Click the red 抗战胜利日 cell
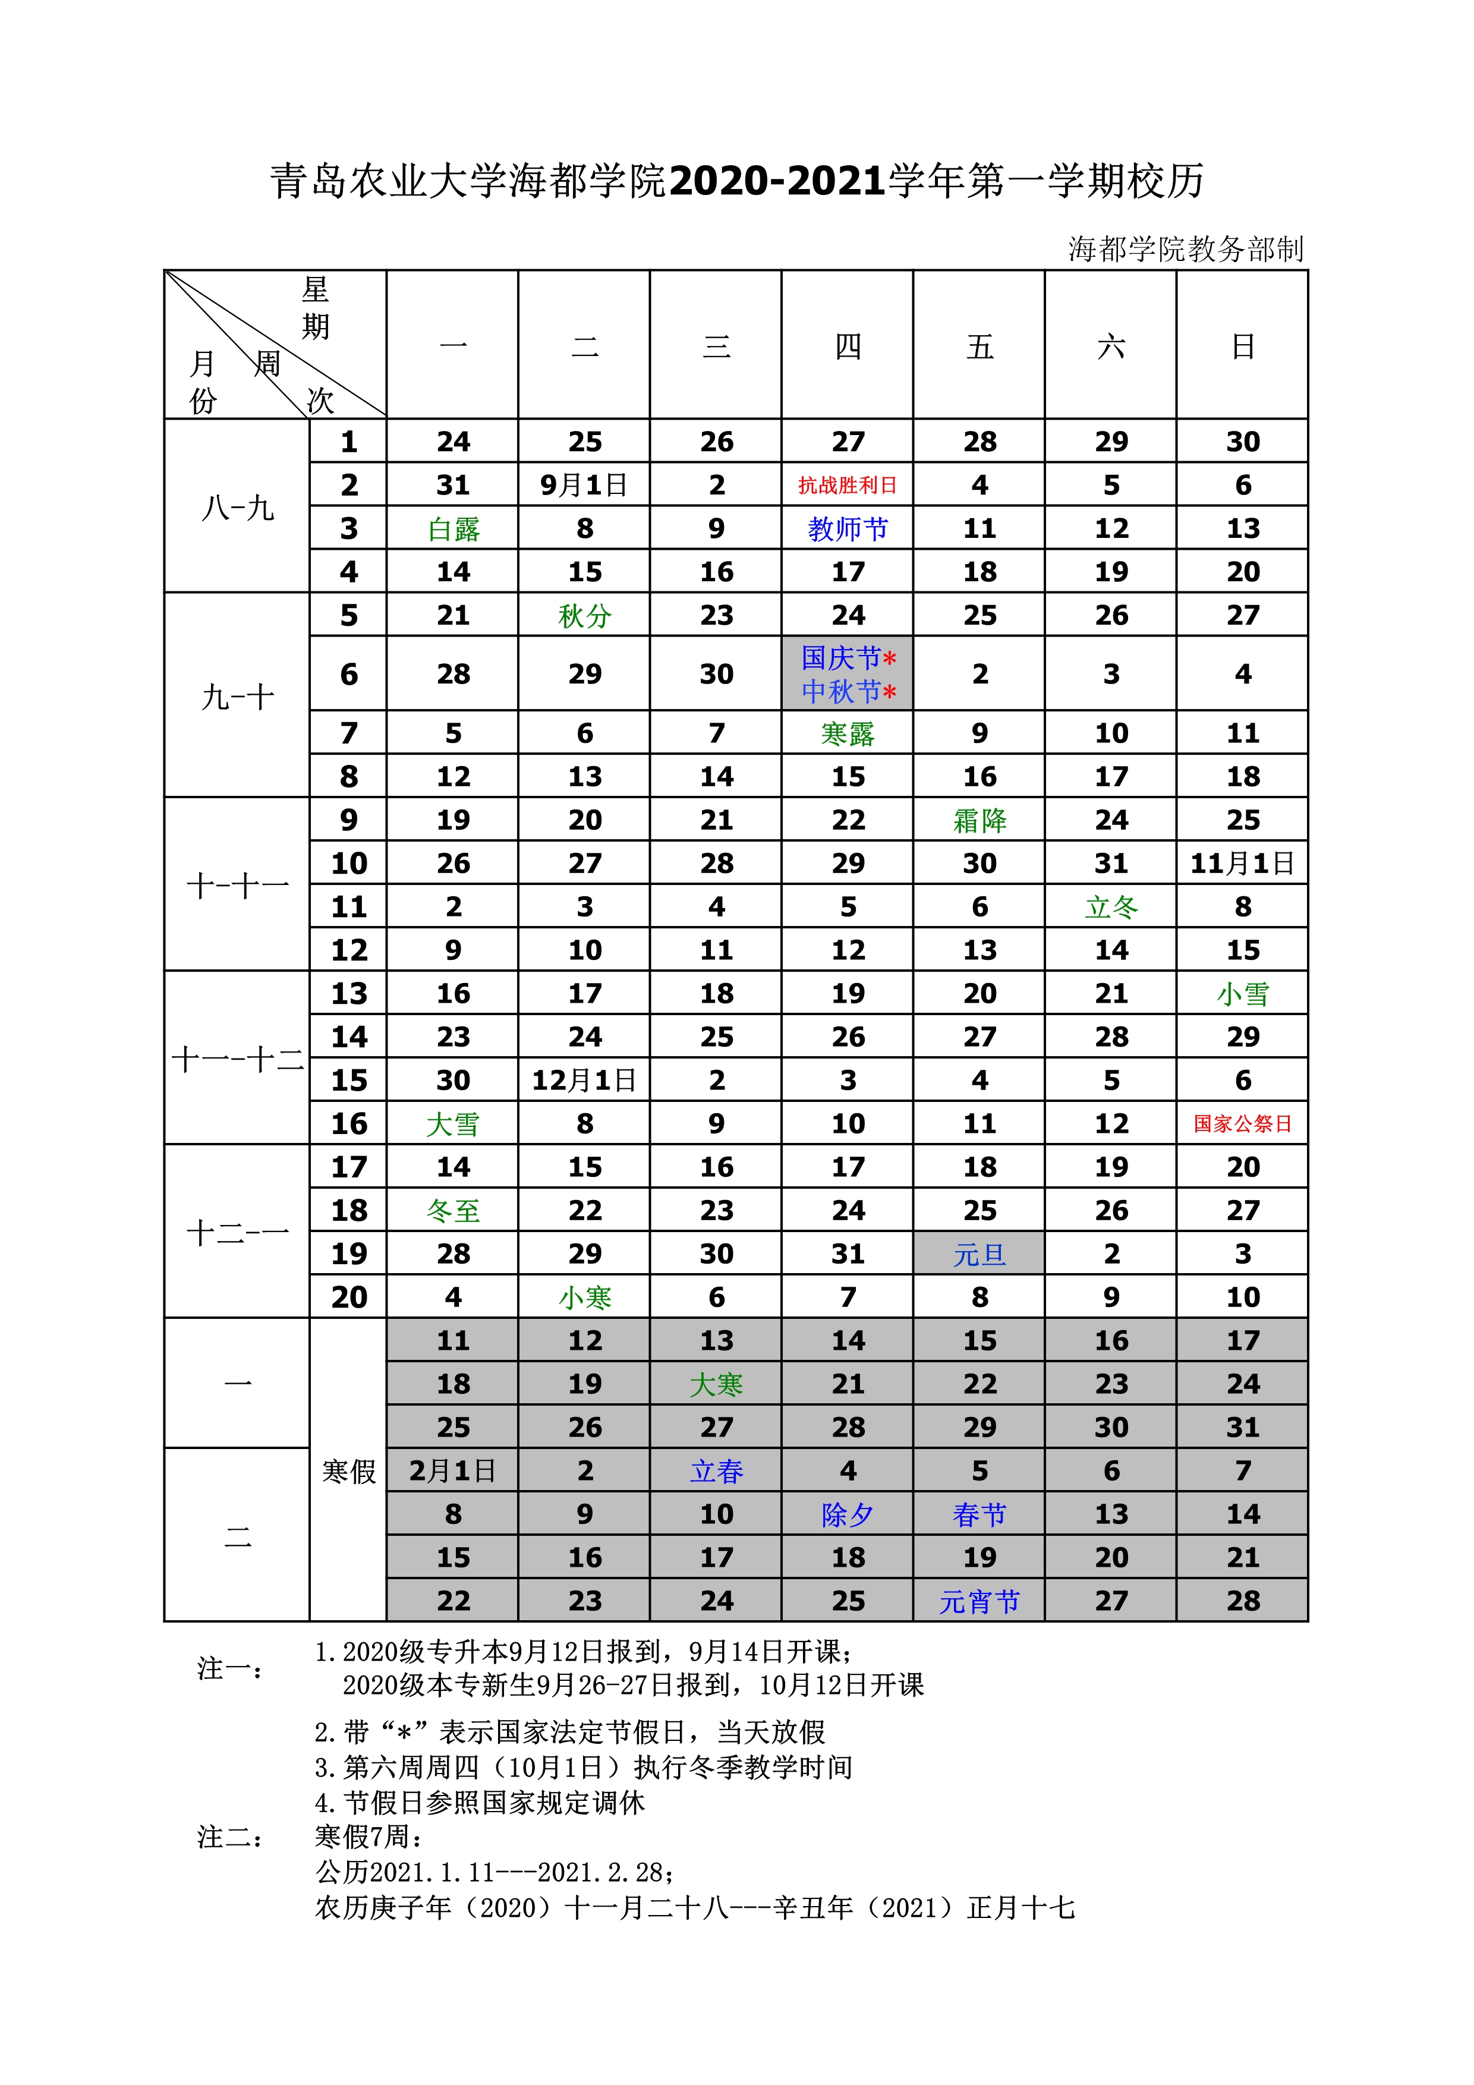[848, 485]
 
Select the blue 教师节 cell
[848, 528]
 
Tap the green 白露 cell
[453, 528]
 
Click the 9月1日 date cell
[584, 485]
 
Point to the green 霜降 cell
[979, 820]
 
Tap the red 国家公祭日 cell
[1242, 1123]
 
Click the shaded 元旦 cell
[979, 1254]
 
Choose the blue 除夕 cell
[848, 1514]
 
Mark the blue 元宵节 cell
[979, 1601]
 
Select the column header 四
[848, 346]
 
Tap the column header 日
[1242, 346]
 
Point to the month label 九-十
[237, 697]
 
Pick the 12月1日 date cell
[584, 1081]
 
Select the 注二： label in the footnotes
[231, 1838]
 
